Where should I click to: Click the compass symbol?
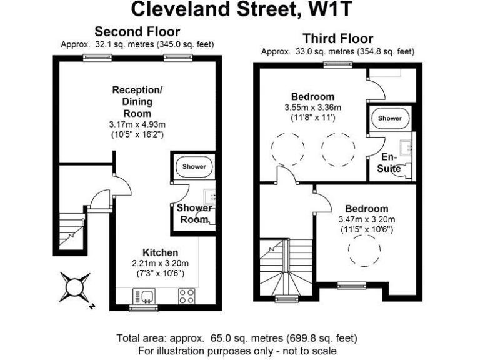[75, 287]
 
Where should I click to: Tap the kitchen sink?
[144, 296]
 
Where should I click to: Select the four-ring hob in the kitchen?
[186, 296]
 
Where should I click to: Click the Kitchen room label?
[161, 252]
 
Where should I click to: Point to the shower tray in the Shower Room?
[194, 166]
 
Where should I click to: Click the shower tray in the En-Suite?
[390, 118]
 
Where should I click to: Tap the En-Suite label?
[389, 162]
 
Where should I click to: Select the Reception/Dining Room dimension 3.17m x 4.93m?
[137, 124]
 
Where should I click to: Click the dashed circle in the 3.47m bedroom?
[364, 249]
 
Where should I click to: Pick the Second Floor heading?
[137, 31]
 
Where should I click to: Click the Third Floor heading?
[338, 39]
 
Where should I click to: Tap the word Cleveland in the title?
[181, 9]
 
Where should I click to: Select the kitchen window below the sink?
[144, 307]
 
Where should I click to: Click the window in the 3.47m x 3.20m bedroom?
[352, 285]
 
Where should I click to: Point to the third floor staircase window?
[286, 298]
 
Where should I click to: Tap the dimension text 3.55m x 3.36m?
[313, 107]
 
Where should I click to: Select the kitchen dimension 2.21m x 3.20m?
[161, 263]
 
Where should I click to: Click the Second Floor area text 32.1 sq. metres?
[124, 44]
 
